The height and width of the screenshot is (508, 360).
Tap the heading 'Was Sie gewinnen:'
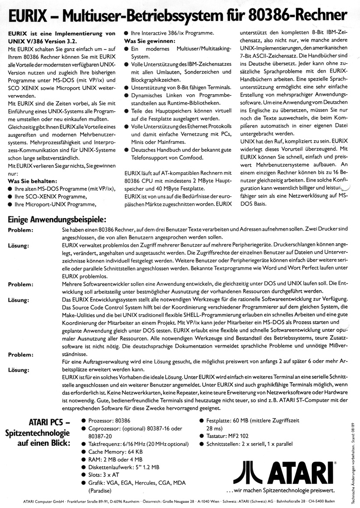click(x=150, y=41)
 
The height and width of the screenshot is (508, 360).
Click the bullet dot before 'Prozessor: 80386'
click(x=83, y=419)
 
